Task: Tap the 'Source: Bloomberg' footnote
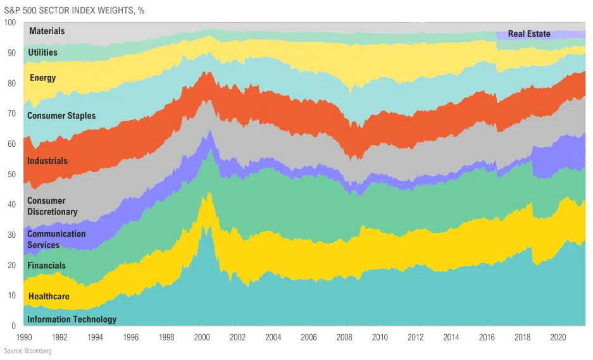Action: [x=27, y=351]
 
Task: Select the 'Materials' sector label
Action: [x=47, y=31]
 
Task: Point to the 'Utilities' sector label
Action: [x=42, y=53]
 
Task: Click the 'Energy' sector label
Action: [x=43, y=78]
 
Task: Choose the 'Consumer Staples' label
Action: [x=61, y=116]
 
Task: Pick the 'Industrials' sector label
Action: [x=47, y=161]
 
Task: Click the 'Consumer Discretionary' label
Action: [x=52, y=206]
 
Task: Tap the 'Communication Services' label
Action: [x=56, y=239]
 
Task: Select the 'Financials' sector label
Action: [x=46, y=266]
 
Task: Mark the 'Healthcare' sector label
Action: [x=48, y=296]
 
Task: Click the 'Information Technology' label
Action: [x=72, y=320]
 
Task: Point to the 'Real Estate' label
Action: [x=529, y=34]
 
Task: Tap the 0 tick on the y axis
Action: [x=13, y=326]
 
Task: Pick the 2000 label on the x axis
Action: [x=202, y=337]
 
